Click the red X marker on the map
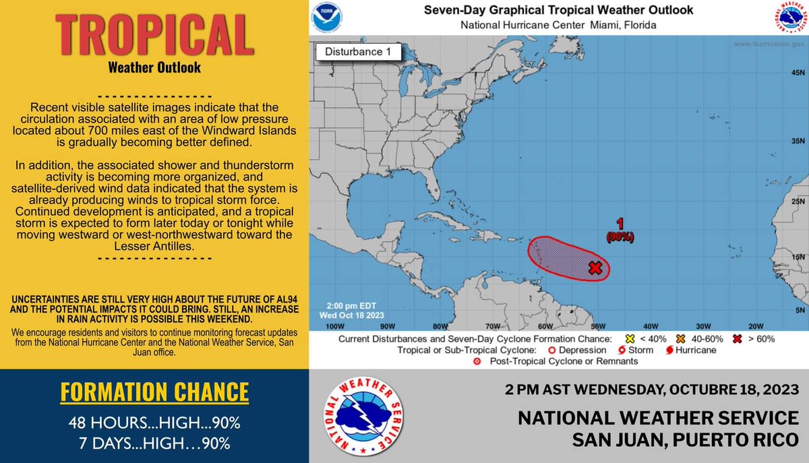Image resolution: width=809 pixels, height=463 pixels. (x=595, y=268)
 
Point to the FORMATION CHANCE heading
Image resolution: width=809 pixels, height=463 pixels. (x=154, y=392)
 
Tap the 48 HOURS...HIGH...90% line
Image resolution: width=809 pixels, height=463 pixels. (x=154, y=424)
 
